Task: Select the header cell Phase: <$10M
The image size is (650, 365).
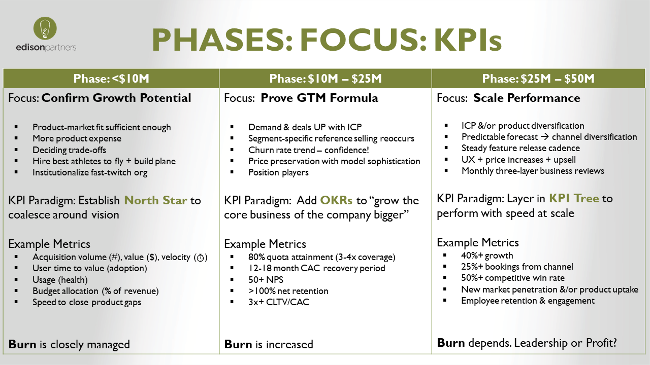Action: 111,79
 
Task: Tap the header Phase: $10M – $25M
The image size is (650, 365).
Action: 325,79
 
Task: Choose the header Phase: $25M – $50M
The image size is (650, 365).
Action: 538,79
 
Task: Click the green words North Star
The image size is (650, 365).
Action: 156,200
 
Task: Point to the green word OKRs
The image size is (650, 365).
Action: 337,200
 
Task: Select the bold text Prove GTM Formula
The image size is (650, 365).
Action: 319,98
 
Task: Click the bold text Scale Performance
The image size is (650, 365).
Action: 527,98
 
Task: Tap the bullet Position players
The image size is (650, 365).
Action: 278,172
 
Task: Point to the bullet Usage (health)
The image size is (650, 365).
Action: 60,280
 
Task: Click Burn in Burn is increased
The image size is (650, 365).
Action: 238,345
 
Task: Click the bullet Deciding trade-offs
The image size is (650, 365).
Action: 70,150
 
